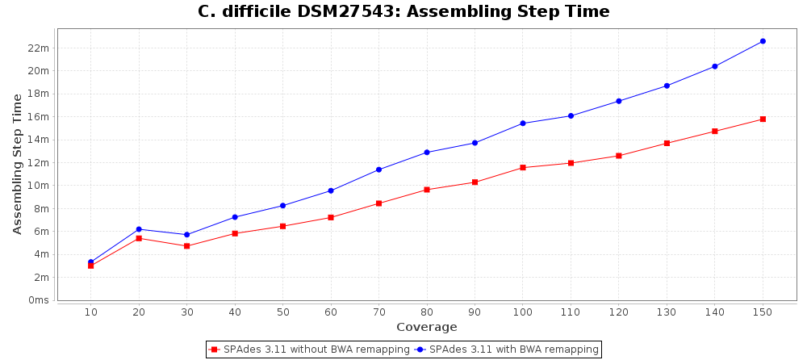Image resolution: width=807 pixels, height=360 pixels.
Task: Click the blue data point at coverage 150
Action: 763,41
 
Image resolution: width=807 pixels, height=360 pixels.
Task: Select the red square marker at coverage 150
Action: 763,119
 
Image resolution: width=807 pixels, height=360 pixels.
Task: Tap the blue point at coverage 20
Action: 139,229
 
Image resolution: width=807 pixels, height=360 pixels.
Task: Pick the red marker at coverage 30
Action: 186,246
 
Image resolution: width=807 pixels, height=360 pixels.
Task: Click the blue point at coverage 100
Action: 523,123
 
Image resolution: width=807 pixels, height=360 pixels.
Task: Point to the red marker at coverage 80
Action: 427,190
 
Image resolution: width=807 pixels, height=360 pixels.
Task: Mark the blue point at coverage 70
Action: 378,170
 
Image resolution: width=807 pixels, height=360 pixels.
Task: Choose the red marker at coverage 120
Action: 619,156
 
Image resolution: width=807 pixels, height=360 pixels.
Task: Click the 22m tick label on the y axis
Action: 39,48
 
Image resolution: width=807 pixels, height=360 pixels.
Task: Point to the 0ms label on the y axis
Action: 39,300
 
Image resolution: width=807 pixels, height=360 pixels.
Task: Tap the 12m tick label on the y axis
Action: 39,162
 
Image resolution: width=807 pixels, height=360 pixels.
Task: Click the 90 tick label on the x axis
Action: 475,312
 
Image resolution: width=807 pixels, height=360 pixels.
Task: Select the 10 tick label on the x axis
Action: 90,312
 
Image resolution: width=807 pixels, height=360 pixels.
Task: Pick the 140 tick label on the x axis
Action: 715,312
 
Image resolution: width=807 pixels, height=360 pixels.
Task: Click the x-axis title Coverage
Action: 426,327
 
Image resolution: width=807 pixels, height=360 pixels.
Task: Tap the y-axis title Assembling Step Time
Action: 18,164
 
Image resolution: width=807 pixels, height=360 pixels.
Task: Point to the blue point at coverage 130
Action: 667,86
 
